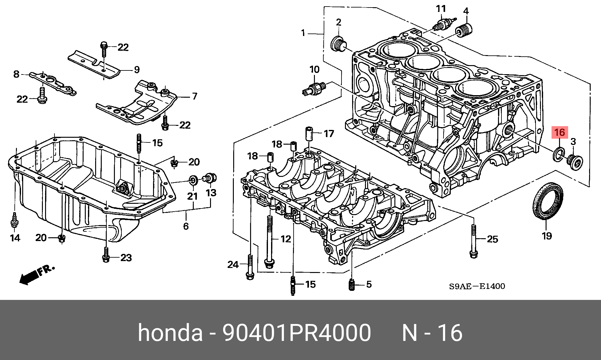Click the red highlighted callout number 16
pyautogui.click(x=559, y=132)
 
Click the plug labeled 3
pyautogui.click(x=575, y=162)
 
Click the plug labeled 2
pyautogui.click(x=338, y=44)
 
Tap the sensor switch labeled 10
pyautogui.click(x=314, y=89)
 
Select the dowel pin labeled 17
pyautogui.click(x=309, y=133)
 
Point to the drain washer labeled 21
pyautogui.click(x=193, y=180)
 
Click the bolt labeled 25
pyautogui.click(x=474, y=241)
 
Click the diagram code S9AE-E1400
pyautogui.click(x=477, y=286)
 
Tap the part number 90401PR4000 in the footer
pyautogui.click(x=296, y=333)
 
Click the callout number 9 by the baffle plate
pyautogui.click(x=137, y=69)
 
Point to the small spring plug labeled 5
pyautogui.click(x=352, y=285)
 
